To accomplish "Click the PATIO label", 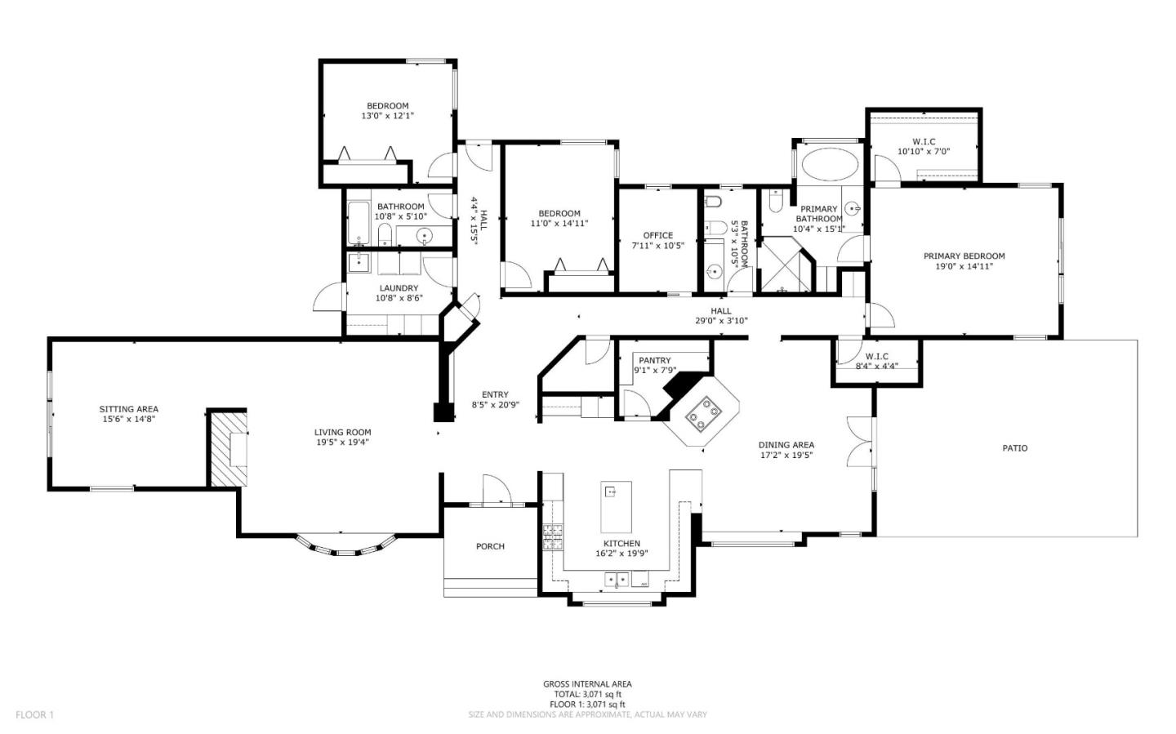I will [1014, 448].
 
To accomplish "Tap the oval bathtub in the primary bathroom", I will [830, 163].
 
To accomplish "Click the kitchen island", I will [617, 506].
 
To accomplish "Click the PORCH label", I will [490, 546].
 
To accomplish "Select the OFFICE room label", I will [657, 235].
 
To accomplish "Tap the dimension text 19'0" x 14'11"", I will [964, 266].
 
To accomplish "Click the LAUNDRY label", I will [399, 288].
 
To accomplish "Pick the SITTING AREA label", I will [128, 409].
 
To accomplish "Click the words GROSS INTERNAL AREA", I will [587, 684].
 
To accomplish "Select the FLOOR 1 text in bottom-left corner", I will [34, 715].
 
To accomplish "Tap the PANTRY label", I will [654, 360].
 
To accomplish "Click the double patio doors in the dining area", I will [857, 441].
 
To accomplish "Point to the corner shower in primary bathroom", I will [786, 265].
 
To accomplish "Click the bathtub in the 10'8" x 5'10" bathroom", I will [359, 224].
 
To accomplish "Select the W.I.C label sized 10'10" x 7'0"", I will [924, 141].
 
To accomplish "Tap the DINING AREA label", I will [786, 445].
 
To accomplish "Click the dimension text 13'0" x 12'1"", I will [387, 116].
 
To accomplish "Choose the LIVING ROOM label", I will [342, 433].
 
